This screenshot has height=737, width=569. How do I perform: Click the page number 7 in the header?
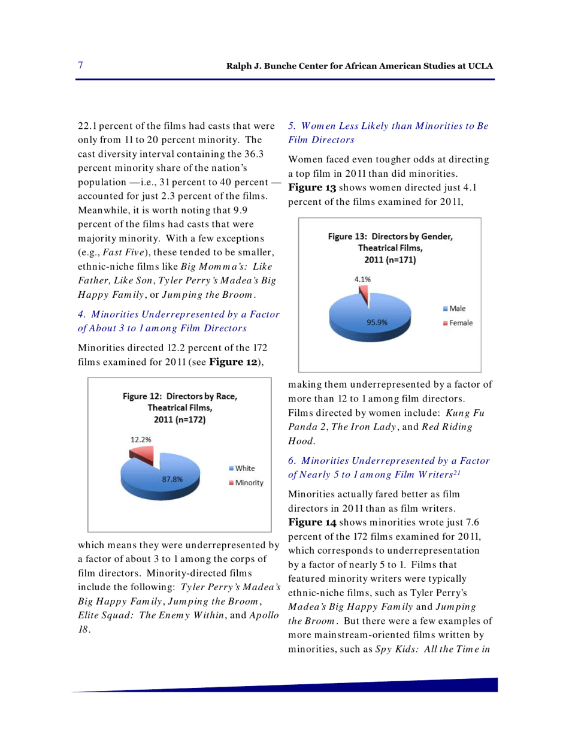pyautogui.click(x=80, y=65)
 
